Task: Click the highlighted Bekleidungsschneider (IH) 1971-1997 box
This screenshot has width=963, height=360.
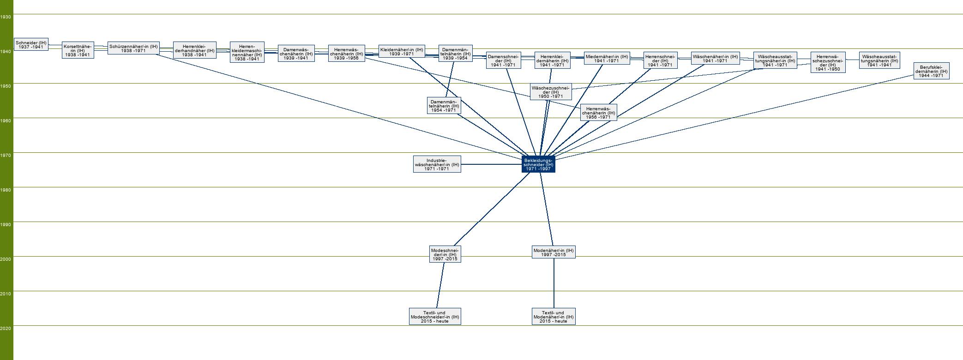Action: pos(538,164)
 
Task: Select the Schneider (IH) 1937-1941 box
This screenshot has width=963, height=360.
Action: pos(31,45)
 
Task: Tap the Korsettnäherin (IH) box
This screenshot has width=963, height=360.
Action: pos(78,50)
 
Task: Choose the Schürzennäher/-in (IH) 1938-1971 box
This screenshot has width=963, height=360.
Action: pos(133,48)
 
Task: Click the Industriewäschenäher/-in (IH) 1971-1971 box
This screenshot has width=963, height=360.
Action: pos(437,164)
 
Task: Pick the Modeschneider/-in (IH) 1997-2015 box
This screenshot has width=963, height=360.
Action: pos(445,254)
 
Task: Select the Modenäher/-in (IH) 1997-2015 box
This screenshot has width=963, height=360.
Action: pos(554,252)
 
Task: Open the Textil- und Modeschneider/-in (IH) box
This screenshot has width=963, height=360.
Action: pos(435,317)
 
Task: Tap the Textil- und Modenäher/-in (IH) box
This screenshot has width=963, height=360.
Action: pos(554,317)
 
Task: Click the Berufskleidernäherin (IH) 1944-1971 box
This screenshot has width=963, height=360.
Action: pos(931,71)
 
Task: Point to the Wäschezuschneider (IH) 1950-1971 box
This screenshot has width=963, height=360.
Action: pos(551,92)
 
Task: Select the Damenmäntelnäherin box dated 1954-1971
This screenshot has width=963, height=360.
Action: pos(443,106)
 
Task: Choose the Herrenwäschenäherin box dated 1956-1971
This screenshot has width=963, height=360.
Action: pos(598,113)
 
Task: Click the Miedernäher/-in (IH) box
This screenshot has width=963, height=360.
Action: pos(606,59)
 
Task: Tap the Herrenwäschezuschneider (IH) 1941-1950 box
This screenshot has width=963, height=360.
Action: pos(828,62)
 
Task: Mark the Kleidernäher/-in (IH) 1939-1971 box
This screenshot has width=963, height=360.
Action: pos(401,51)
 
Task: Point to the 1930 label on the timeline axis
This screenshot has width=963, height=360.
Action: pos(6,17)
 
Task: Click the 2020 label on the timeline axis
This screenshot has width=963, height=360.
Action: pos(6,329)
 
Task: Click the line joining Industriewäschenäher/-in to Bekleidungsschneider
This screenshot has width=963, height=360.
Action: pos(491,164)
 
